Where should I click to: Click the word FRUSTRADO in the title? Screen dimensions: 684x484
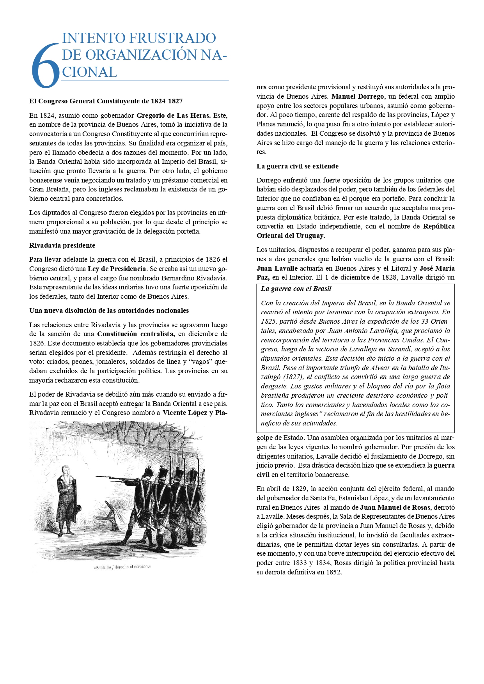(x=172, y=38)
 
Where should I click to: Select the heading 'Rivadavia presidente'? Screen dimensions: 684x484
(x=62, y=245)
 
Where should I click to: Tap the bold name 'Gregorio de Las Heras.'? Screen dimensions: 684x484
(x=174, y=115)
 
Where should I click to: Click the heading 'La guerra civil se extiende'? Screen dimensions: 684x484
(x=297, y=166)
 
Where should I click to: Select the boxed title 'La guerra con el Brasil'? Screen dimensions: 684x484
(x=296, y=289)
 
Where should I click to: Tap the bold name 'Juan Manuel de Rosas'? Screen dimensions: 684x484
(x=395, y=507)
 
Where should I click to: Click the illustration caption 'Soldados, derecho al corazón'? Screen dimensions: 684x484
(x=122, y=567)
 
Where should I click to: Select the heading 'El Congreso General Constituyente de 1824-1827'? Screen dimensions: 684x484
(x=106, y=101)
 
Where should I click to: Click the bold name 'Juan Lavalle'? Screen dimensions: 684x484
(x=277, y=268)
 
